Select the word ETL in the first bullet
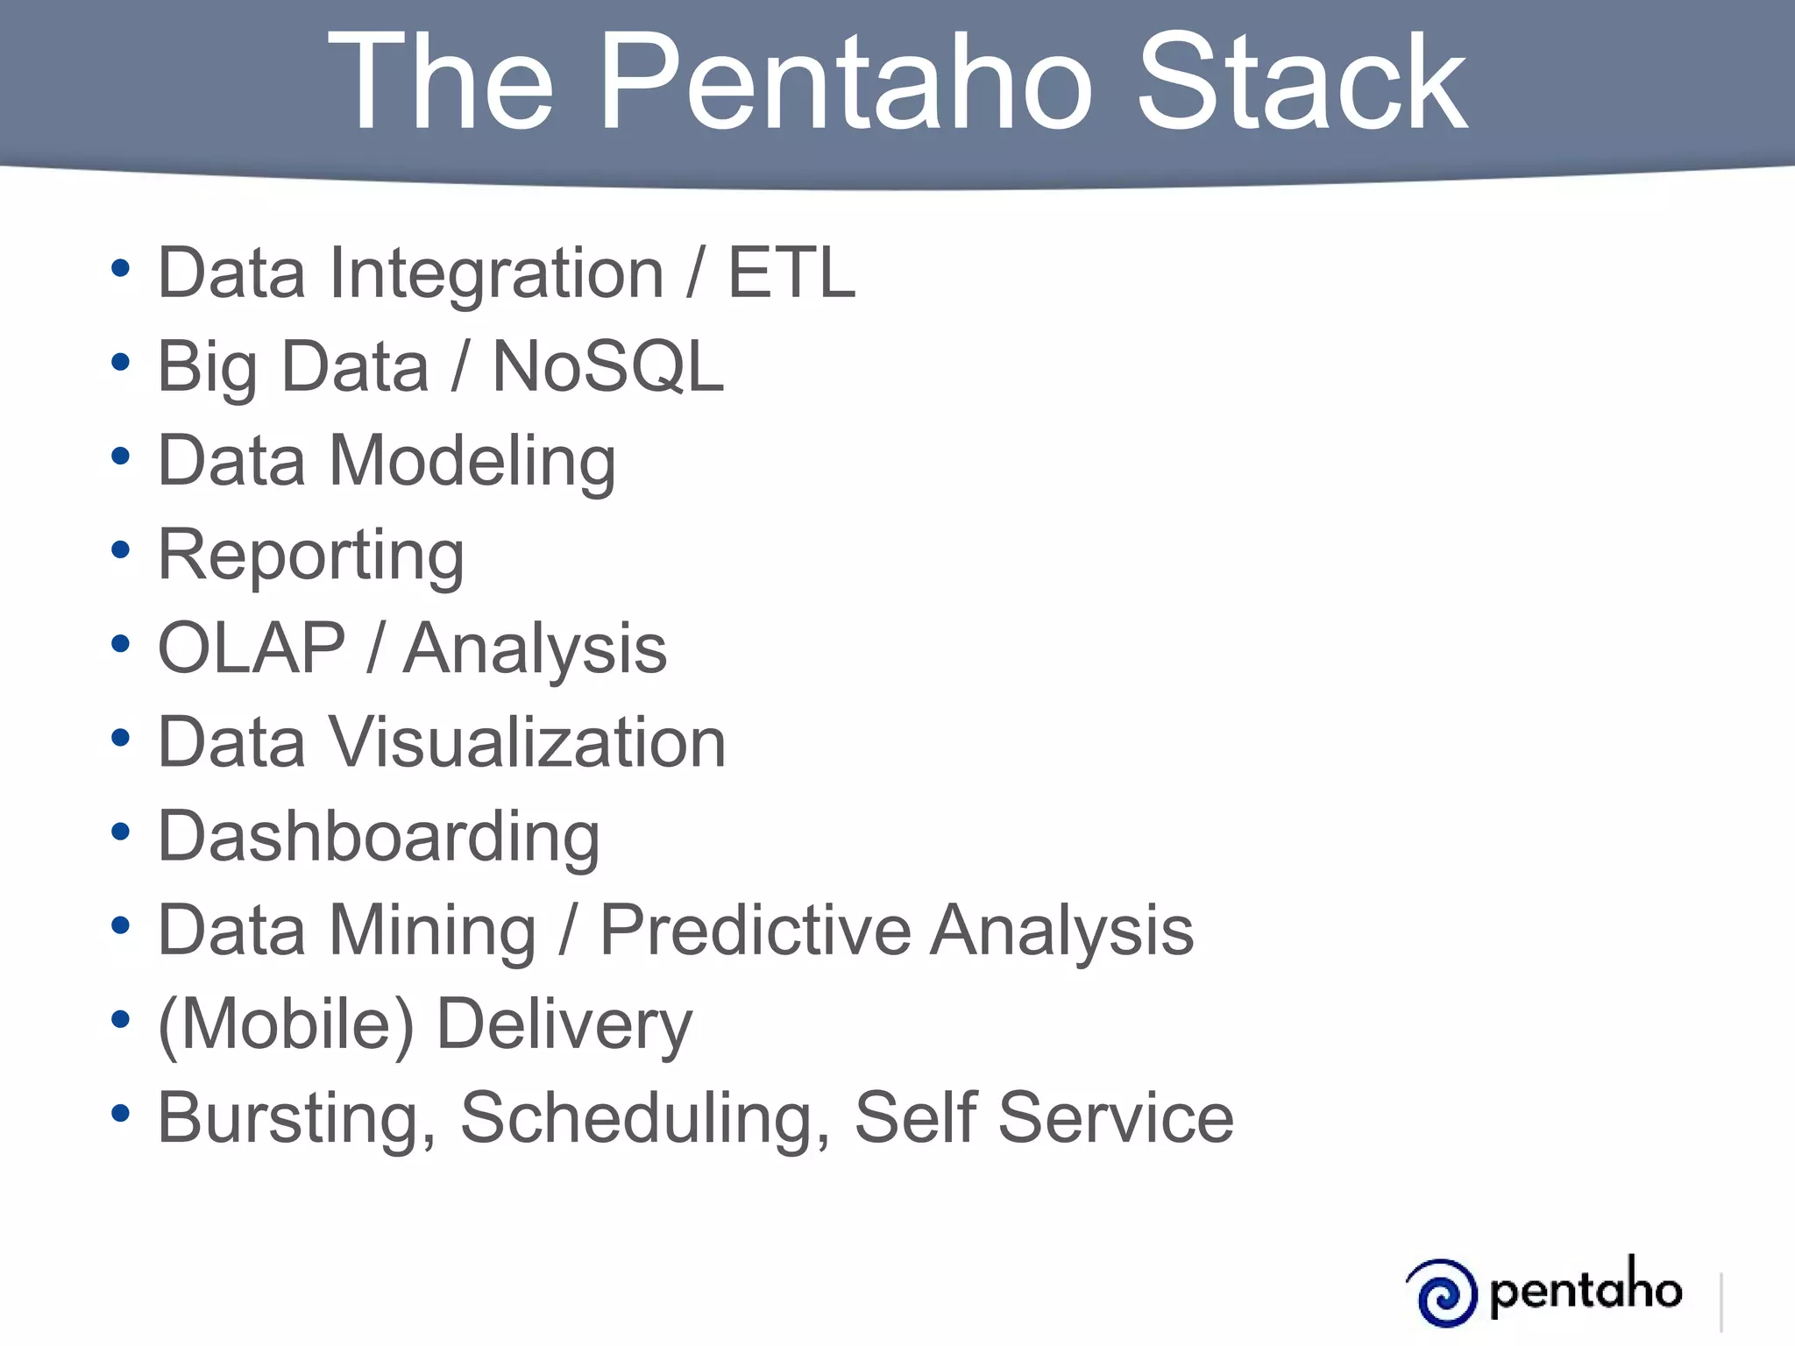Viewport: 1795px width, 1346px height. pos(791,273)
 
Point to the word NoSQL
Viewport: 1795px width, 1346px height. pos(608,367)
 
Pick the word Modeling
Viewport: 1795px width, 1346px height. pos(472,462)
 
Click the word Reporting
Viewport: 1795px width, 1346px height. pos(311,556)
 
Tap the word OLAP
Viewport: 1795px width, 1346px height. pos(252,648)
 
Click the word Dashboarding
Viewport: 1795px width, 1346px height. pos(379,837)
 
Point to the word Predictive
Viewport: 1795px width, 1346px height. pos(755,930)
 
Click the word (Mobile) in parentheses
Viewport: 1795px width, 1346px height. pos(286,1024)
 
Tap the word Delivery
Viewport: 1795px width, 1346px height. pos(564,1024)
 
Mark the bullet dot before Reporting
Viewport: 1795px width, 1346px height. pos(121,550)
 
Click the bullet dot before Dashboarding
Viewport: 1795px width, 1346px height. pos(121,832)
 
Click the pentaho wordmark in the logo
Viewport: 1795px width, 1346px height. pos(1586,1288)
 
